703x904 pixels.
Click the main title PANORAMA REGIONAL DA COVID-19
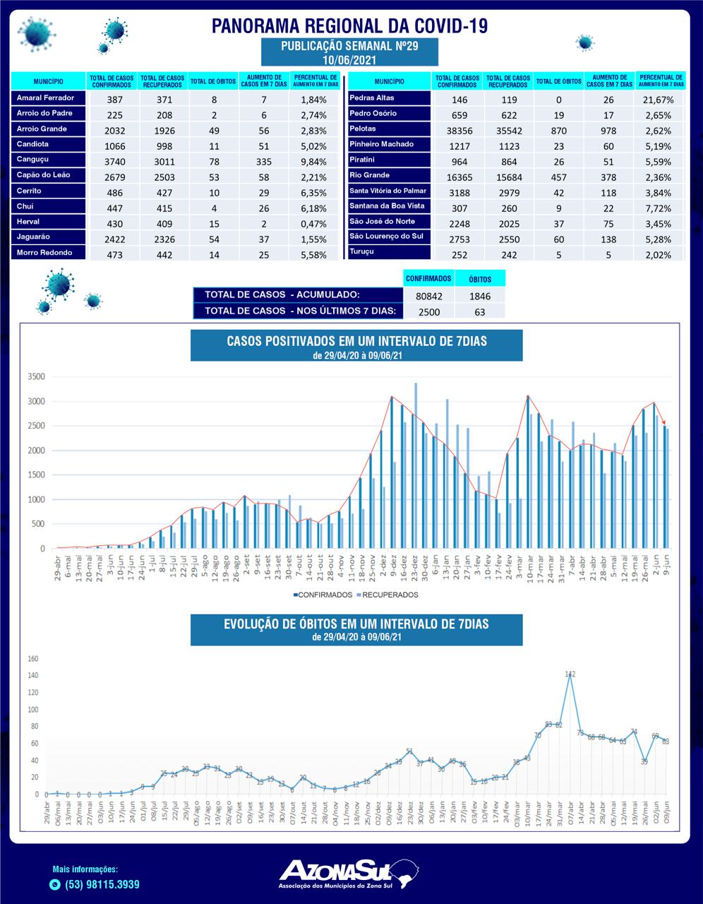[350, 26]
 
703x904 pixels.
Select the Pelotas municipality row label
[362, 129]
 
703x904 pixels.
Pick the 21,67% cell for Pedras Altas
[659, 100]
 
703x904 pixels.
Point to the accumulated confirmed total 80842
[428, 296]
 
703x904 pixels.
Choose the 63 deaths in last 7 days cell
[480, 311]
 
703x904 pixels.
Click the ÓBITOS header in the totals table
[480, 279]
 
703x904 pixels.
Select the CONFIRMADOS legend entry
[323, 595]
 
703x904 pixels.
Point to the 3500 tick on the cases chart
[36, 376]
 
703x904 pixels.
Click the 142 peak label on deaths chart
[571, 674]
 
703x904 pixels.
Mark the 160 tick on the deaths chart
[32, 659]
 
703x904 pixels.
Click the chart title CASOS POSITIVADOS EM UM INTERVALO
[356, 341]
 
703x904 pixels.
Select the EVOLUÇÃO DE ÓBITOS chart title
[356, 624]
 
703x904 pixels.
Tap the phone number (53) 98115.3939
[102, 884]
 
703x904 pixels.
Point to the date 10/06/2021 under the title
[350, 59]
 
